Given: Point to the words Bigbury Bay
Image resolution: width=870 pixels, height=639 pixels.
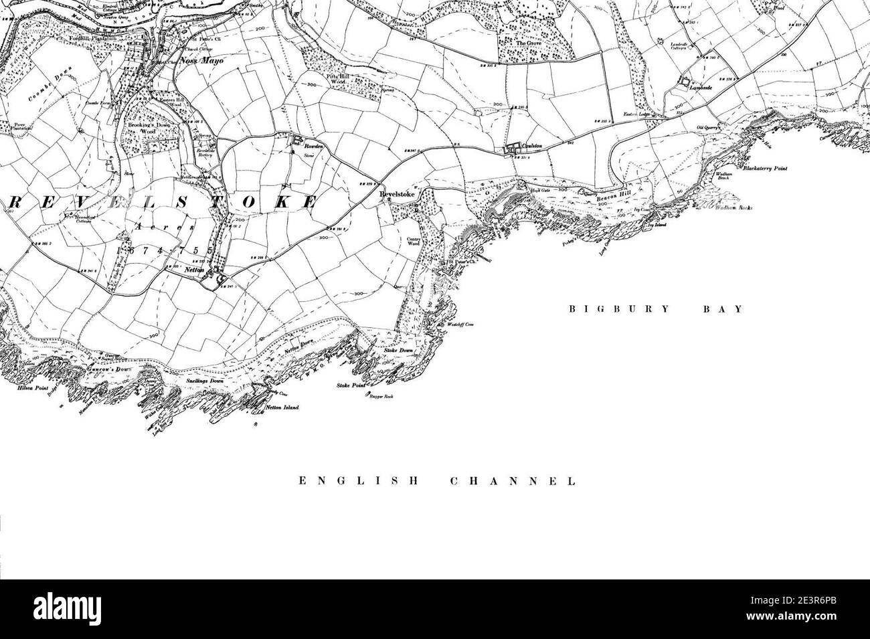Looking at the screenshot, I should (x=656, y=309).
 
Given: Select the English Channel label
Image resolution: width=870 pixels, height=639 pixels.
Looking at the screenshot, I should (x=437, y=480).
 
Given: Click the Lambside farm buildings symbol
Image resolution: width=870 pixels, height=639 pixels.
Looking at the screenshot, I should (x=684, y=81).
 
